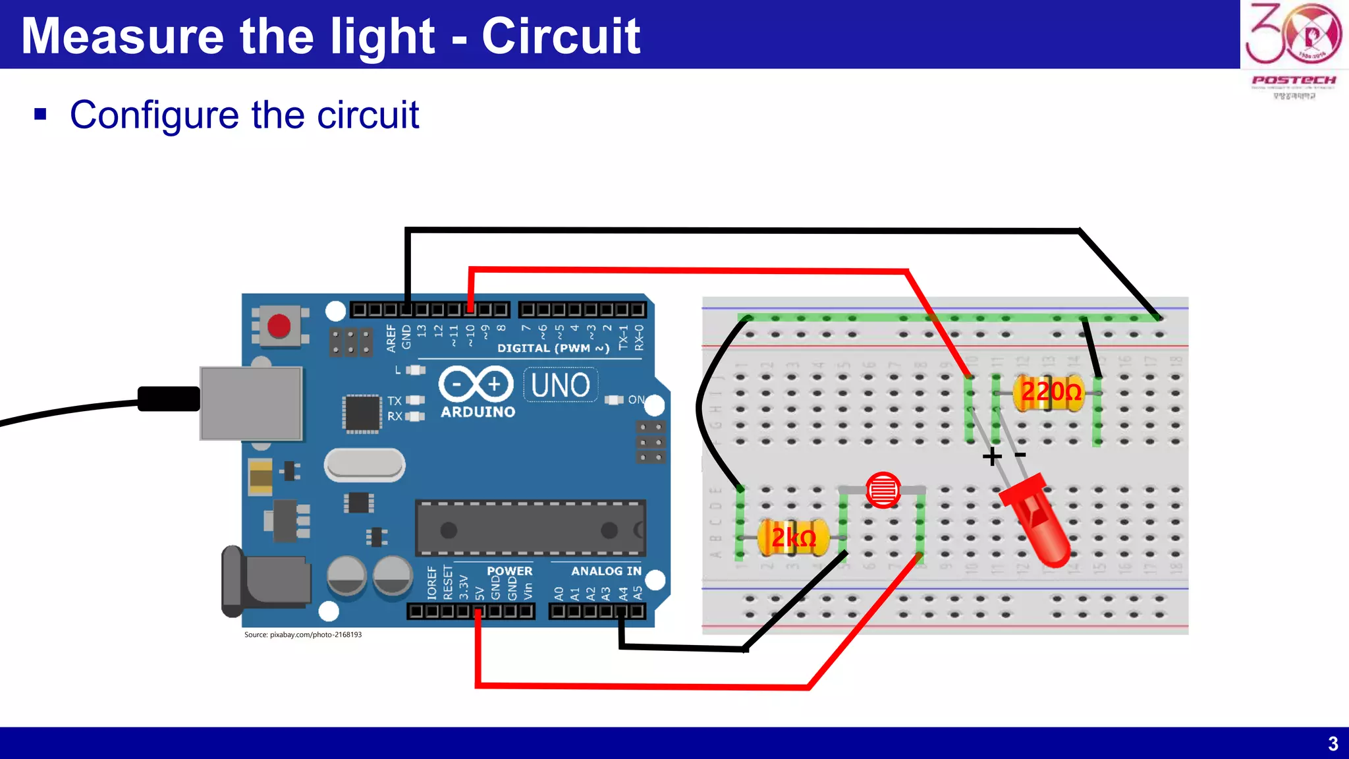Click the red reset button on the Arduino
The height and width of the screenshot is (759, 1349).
[279, 325]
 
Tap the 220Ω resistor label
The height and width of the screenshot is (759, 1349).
[1051, 392]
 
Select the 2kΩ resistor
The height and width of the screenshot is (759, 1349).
[794, 538]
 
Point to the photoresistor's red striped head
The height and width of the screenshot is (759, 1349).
[883, 490]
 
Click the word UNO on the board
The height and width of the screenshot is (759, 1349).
[561, 385]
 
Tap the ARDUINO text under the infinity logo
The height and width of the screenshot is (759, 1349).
[478, 412]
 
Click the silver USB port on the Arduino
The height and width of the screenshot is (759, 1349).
[251, 403]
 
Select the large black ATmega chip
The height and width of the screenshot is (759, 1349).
[530, 528]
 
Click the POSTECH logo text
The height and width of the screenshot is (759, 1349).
[1294, 80]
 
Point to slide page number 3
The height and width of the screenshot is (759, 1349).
[1333, 744]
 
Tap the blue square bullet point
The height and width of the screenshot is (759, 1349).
[41, 115]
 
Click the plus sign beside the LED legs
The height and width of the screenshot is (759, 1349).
[991, 457]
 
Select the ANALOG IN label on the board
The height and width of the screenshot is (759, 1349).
[606, 571]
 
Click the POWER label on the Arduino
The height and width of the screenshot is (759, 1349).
[509, 571]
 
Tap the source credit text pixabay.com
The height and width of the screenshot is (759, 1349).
[303, 634]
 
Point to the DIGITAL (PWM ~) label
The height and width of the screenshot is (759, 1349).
[553, 348]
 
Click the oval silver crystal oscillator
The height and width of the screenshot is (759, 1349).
[364, 464]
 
